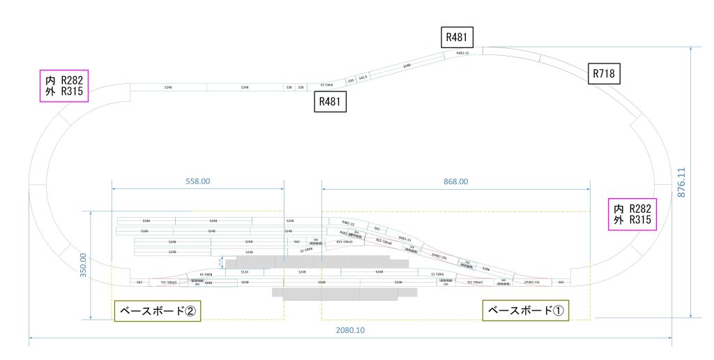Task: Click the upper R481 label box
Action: (457, 37)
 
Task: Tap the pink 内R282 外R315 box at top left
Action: (63, 86)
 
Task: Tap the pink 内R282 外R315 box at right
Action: (632, 214)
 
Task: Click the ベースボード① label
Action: (526, 310)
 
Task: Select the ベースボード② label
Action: (158, 310)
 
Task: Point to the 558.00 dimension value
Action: (198, 181)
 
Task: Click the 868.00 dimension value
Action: (456, 181)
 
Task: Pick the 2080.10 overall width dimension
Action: (351, 330)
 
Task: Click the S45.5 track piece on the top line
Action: (363, 77)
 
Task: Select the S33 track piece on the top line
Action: (351, 80)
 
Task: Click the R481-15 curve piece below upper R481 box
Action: (462, 53)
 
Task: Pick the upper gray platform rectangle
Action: (312, 262)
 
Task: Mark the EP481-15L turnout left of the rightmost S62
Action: (533, 282)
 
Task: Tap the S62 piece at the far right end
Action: (561, 282)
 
